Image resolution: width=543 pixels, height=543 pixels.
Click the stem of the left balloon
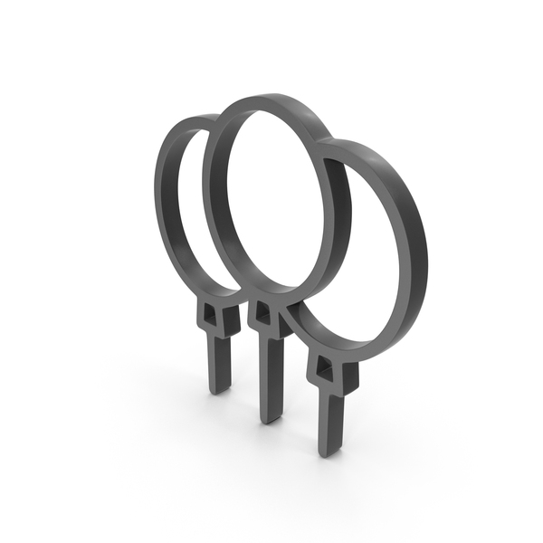pyautogui.click(x=220, y=362)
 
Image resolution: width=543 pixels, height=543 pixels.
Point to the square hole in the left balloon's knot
pyautogui.click(x=210, y=313)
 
